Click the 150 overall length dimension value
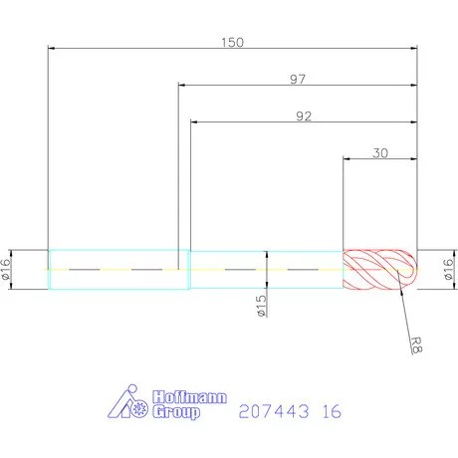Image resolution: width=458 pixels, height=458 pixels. pos(232,42)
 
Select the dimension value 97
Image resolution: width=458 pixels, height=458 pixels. pos(297,80)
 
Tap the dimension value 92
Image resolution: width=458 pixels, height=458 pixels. pos(304,116)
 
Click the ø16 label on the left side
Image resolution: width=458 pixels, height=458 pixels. pos(8,269)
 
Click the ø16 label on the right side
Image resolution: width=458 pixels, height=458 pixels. pos(447,269)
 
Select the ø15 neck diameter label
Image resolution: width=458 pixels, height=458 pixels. pos(262,307)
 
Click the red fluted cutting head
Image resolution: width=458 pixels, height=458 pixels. pos(373,269)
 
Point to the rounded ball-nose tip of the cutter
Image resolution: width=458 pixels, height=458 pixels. pos(409,269)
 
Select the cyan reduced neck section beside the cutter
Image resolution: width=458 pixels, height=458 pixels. pos(265,269)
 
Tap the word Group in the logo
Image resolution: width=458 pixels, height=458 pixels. pos(176,411)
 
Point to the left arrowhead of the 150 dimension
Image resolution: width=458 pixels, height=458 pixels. pos(52,48)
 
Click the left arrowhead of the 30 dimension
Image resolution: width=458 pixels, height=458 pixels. pos(345,158)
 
